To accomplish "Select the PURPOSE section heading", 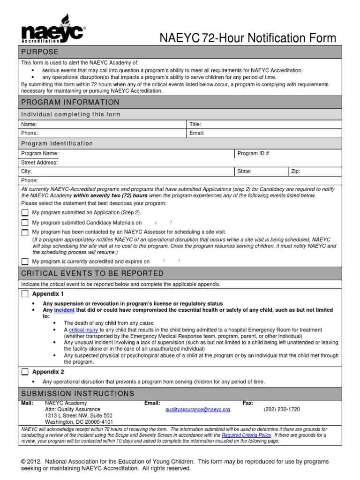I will pyautogui.click(x=40, y=52).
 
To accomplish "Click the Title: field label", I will pyautogui.click(x=195, y=124).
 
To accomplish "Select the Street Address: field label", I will pyautogui.click(x=39, y=163).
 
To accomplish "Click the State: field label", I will pyautogui.click(x=244, y=172).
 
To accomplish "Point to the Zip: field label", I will pyautogui.click(x=295, y=172).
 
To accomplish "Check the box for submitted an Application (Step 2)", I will pyautogui.click(x=25, y=213).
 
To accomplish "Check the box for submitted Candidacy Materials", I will pyautogui.click(x=25, y=223).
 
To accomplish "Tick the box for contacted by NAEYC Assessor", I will pyautogui.click(x=25, y=232).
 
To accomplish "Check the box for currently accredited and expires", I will pyautogui.click(x=25, y=262).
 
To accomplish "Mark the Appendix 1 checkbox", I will pyautogui.click(x=25, y=294).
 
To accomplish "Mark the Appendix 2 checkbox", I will pyautogui.click(x=25, y=372).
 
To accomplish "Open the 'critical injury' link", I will pyautogui.click(x=83, y=330).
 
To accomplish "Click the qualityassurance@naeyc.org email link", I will pyautogui.click(x=197, y=409).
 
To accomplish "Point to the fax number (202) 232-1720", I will pyautogui.click(x=282, y=409).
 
